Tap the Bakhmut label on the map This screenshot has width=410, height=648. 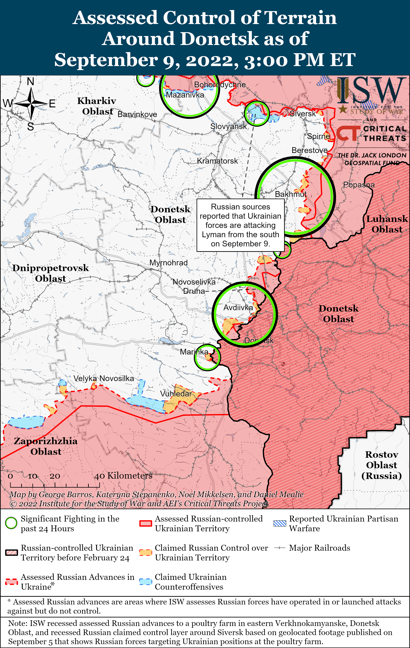point(291,194)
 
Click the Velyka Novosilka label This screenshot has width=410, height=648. point(104,378)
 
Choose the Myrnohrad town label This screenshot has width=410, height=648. point(169,263)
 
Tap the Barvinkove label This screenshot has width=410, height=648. point(137,114)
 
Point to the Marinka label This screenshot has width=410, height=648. point(194,352)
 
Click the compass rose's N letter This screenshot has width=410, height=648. point(31,81)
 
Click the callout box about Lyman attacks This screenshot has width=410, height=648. point(240,225)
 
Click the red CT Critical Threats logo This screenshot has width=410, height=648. point(348,133)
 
